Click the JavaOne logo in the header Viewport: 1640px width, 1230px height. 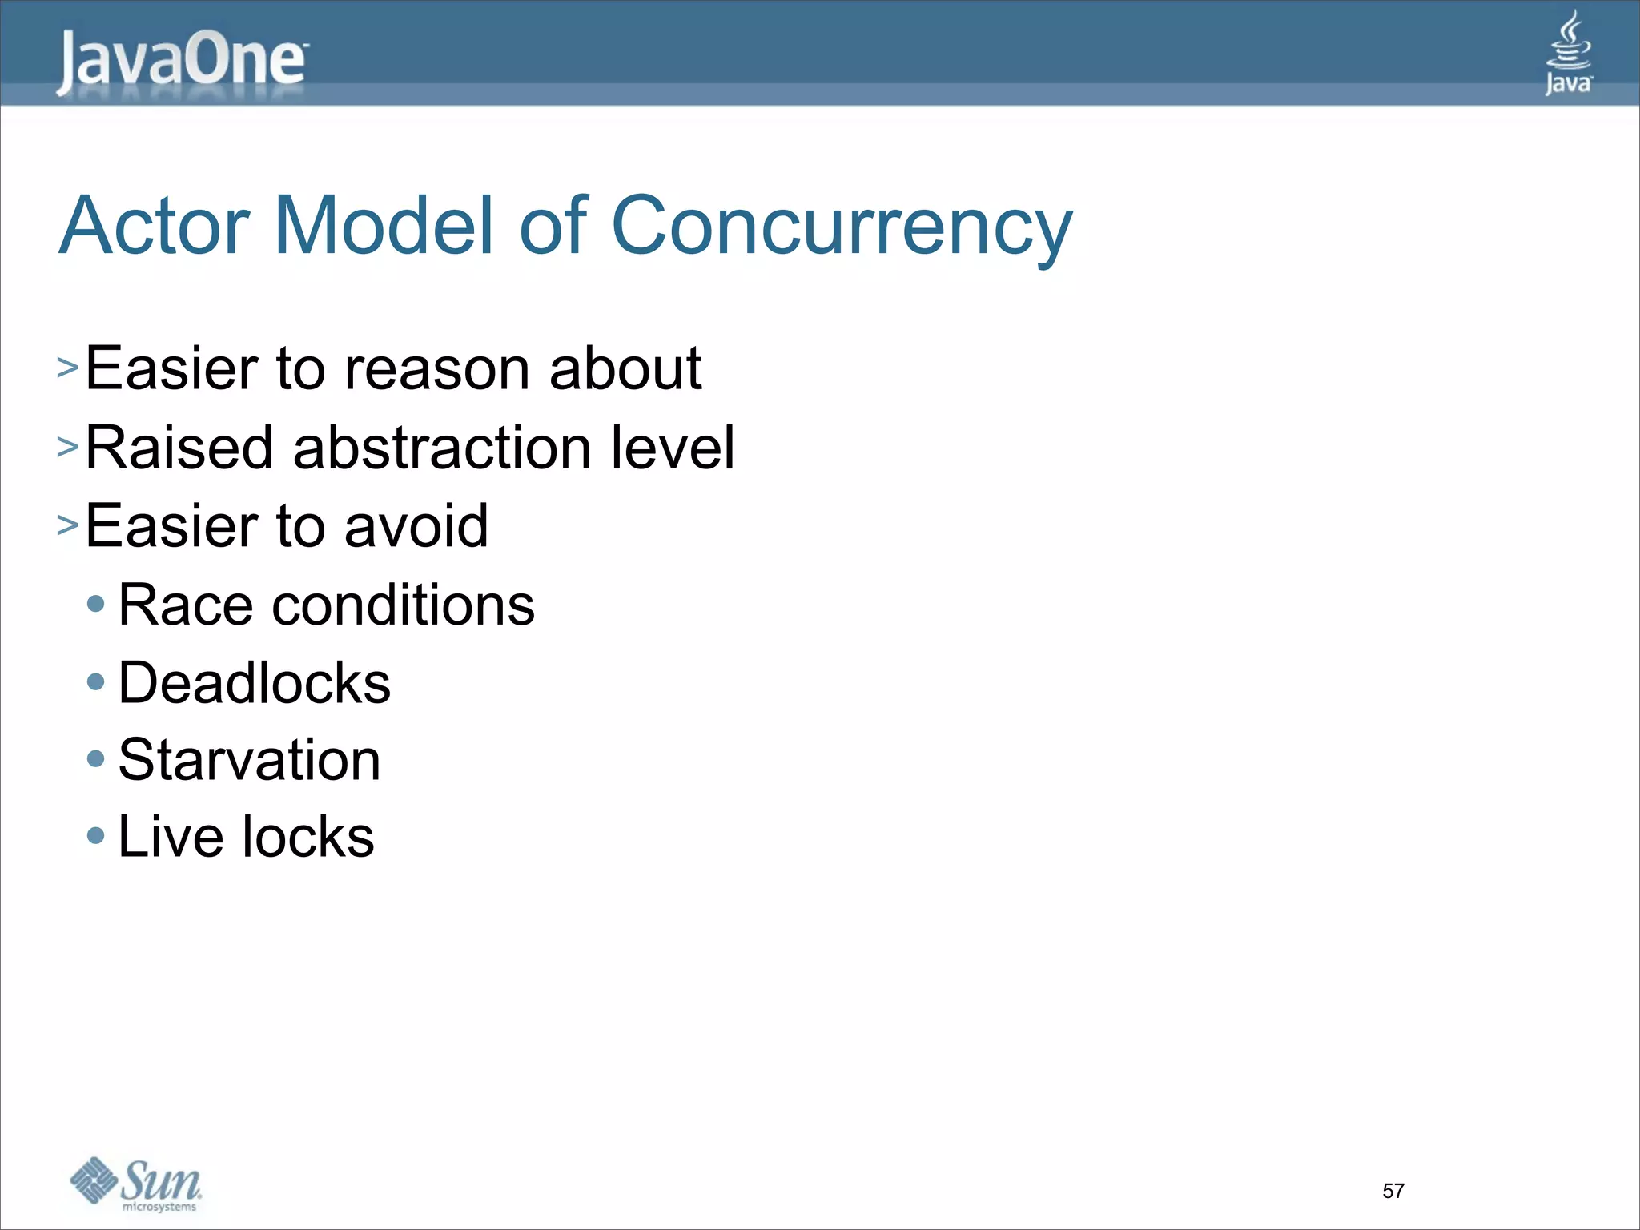point(182,62)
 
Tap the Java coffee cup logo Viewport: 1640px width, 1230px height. point(1568,52)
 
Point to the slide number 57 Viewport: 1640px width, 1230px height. point(1393,1191)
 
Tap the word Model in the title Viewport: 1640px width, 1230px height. point(384,226)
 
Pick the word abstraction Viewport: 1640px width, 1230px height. point(443,447)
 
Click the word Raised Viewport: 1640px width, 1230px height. point(180,447)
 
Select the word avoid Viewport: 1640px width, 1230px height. point(416,526)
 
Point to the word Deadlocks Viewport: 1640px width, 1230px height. point(254,683)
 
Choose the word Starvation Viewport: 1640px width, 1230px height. point(249,760)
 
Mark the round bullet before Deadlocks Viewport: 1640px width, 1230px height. point(96,682)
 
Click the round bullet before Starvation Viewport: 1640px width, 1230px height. point(96,758)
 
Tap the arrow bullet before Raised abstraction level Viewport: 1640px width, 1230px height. point(67,446)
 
